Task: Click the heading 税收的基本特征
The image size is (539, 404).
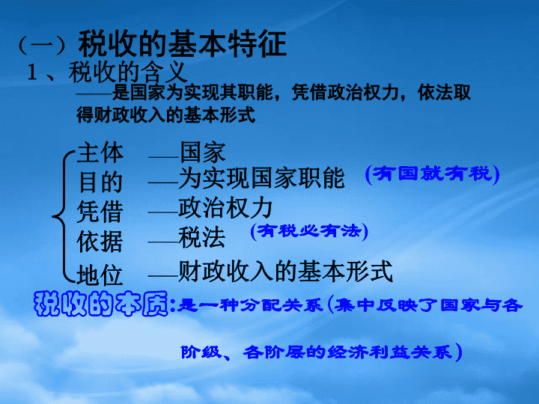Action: pos(183,43)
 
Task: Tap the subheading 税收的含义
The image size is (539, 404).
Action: pos(128,72)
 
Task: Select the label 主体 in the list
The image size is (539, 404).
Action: pos(100,153)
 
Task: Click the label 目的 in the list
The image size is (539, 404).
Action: pos(100,182)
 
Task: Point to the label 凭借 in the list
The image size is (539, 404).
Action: pos(100,211)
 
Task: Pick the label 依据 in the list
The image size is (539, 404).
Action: pos(100,242)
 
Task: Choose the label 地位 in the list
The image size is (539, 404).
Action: pos(100,275)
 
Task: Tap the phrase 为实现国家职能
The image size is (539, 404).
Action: pos(261,177)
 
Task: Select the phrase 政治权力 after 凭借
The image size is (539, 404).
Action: pos(225,207)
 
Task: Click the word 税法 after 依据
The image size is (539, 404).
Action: pos(202,237)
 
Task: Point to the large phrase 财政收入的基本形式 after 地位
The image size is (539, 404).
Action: pos(286,271)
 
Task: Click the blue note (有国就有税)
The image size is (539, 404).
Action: pos(433,174)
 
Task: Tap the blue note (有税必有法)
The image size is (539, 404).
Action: pos(309,231)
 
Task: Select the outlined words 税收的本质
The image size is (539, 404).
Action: pos(101,304)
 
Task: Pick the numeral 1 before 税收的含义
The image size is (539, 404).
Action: pos(33,73)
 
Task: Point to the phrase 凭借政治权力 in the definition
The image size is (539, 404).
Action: pos(344,93)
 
